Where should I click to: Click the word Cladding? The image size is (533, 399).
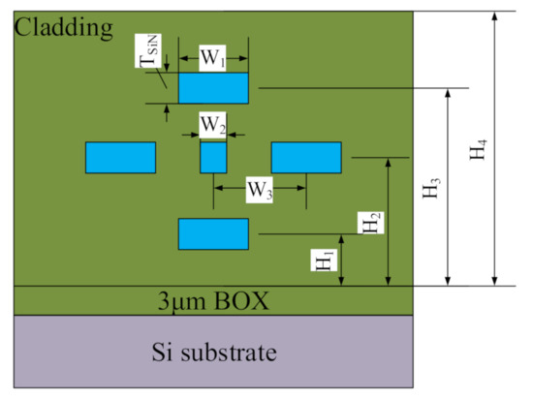[63, 27]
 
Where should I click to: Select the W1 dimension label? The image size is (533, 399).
[213, 57]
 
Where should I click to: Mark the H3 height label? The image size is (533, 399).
[430, 187]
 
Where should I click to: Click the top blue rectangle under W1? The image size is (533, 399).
[213, 89]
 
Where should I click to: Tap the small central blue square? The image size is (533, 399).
[213, 157]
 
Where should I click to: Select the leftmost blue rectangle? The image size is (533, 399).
[120, 157]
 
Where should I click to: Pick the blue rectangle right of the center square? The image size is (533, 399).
[305, 157]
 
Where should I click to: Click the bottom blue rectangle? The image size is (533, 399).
[213, 233]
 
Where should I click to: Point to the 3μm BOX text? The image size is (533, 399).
[213, 300]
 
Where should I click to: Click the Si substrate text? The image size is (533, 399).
[213, 350]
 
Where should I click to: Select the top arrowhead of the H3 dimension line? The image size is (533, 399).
[447, 93]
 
